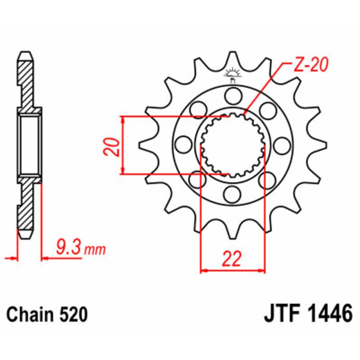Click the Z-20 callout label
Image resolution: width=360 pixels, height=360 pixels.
tap(310, 66)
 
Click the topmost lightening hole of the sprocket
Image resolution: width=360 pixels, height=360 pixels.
tap(233, 95)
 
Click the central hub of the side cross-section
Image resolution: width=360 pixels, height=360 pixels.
tap(30, 145)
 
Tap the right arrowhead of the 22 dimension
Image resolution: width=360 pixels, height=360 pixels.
tap(261, 271)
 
